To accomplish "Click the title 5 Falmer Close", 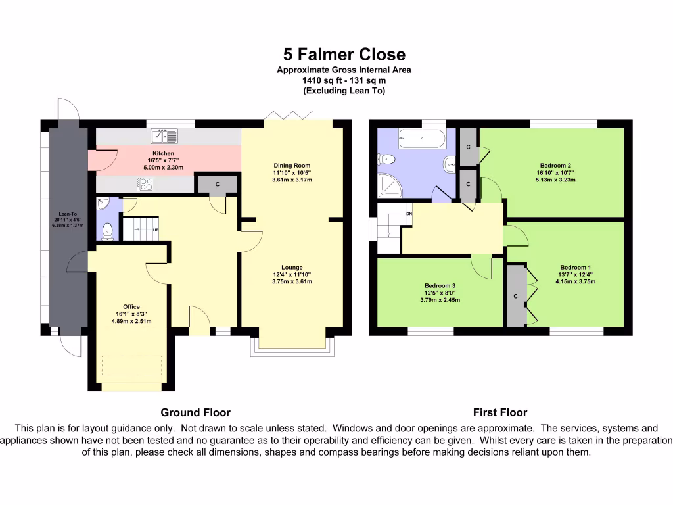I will pos(344,54).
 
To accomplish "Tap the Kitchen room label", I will pos(163,153).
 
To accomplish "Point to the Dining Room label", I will pos(292,166).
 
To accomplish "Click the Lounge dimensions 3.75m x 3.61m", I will pos(292,281).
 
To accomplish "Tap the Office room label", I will pos(131,306).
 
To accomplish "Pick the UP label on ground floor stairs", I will pos(156,230).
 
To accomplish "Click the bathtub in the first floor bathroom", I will pos(423,139).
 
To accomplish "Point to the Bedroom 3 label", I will pos(440,285).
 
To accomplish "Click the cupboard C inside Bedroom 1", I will pos(516,296).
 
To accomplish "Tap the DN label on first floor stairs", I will pos(409,214).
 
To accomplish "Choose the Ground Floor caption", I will pos(195,413).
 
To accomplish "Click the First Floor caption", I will pos(499,413).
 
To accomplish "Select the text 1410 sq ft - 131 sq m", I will pos(344,80).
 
